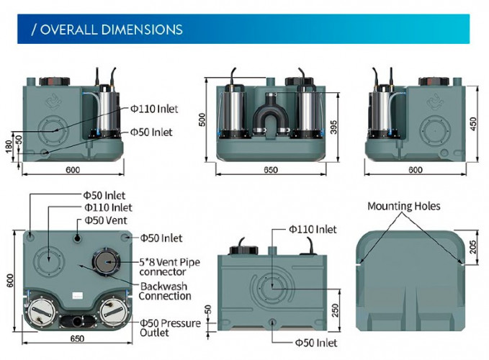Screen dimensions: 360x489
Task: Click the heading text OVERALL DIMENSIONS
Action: (x=107, y=30)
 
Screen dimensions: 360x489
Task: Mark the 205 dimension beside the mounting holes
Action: (x=473, y=246)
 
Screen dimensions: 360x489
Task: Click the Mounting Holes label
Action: (x=403, y=206)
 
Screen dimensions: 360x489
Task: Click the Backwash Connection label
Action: (x=164, y=291)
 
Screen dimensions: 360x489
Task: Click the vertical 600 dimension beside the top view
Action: (x=10, y=282)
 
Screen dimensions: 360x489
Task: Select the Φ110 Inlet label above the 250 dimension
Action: (x=313, y=229)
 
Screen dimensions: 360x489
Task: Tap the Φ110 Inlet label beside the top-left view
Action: (x=153, y=109)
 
